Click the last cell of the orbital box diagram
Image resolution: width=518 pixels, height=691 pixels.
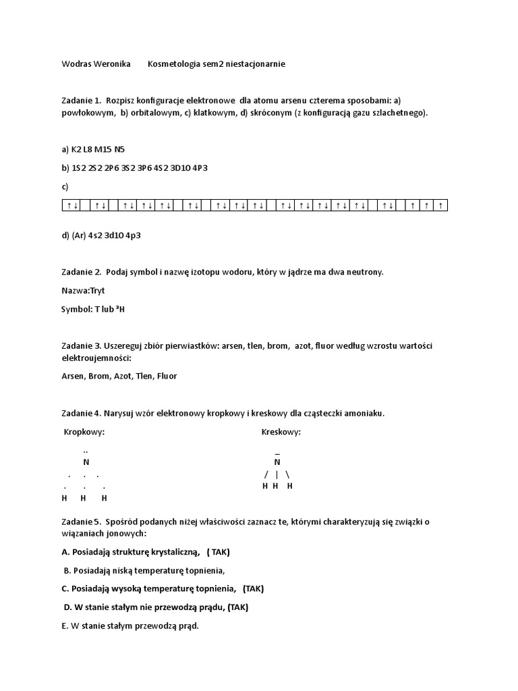(x=441, y=205)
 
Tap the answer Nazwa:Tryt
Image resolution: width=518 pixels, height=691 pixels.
(x=83, y=290)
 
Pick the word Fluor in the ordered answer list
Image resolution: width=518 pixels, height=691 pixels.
(x=167, y=376)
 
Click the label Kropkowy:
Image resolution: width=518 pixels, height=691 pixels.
(x=84, y=432)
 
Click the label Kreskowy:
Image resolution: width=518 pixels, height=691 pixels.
(x=281, y=432)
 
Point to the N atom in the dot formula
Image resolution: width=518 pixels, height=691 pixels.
(x=86, y=462)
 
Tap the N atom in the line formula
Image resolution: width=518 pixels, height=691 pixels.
(x=277, y=462)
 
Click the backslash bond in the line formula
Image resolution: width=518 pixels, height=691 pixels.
(x=288, y=474)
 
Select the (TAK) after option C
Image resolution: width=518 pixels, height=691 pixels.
(x=253, y=588)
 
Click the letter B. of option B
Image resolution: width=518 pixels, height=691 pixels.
(x=67, y=570)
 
